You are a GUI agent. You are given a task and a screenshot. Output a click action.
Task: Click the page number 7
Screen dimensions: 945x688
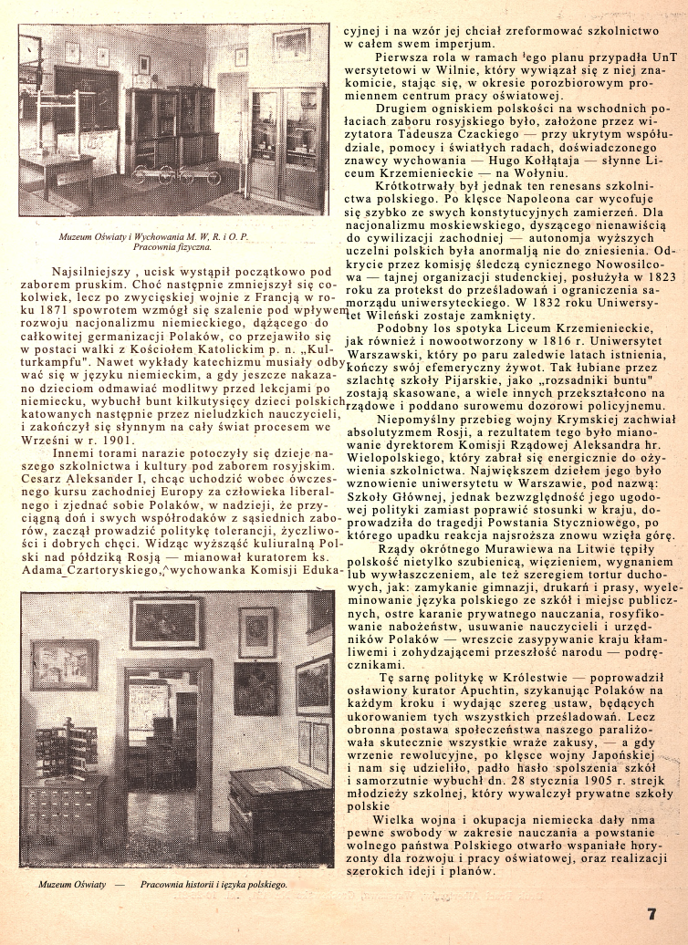[652, 914]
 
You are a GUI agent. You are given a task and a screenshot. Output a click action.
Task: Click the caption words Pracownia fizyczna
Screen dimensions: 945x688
[172, 247]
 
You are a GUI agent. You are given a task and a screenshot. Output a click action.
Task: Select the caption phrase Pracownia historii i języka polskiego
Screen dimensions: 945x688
[214, 886]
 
